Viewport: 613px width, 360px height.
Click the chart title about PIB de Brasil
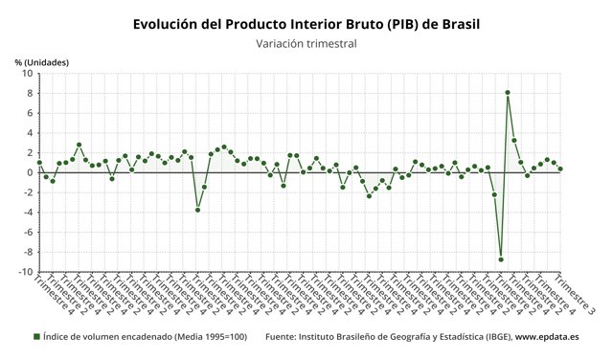(x=306, y=22)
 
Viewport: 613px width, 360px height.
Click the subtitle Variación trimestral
(x=306, y=43)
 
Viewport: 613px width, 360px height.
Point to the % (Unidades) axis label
(x=42, y=62)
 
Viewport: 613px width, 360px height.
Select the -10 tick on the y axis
(x=24, y=272)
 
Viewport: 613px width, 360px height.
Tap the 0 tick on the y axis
(x=29, y=172)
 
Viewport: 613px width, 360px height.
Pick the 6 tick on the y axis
(x=29, y=113)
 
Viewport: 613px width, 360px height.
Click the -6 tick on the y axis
(x=26, y=233)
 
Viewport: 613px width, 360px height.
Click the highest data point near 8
(x=508, y=93)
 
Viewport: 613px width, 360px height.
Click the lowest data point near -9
(x=501, y=259)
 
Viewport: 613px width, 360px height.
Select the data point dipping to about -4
(x=198, y=210)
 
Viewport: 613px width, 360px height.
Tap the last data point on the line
(x=560, y=169)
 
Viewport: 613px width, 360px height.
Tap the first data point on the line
(x=39, y=162)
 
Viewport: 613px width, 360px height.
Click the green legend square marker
(x=36, y=337)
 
